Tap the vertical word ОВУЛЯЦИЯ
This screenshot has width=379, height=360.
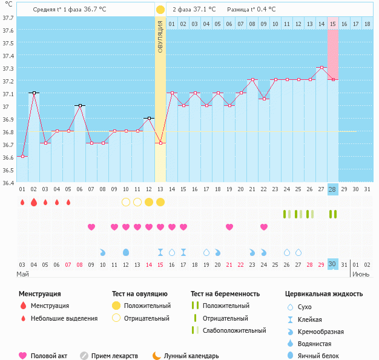pyautogui.click(x=160, y=36)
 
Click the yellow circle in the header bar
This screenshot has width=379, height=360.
pyautogui.click(x=160, y=10)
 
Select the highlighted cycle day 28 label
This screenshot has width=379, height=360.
pyautogui.click(x=332, y=189)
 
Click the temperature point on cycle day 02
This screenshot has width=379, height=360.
pyautogui.click(x=34, y=93)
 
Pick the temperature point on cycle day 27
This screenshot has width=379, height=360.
pyautogui.click(x=321, y=68)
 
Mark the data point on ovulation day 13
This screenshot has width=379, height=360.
pyautogui.click(x=160, y=143)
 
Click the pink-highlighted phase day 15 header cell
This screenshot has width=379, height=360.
pyautogui.click(x=333, y=24)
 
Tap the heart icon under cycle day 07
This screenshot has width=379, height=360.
pyautogui.click(x=91, y=227)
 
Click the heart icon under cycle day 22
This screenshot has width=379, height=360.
pyautogui.click(x=264, y=227)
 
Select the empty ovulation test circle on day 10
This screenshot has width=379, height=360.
pyautogui.click(x=126, y=202)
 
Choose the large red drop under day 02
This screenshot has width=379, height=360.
pyautogui.click(x=34, y=202)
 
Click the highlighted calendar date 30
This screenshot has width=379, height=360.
pyautogui.click(x=332, y=264)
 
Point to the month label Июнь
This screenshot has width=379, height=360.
pyautogui.click(x=361, y=274)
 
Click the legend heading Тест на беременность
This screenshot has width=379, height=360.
pyautogui.click(x=225, y=293)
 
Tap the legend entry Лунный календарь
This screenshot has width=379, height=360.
pyautogui.click(x=195, y=356)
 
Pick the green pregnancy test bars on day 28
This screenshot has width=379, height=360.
pyautogui.click(x=332, y=214)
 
